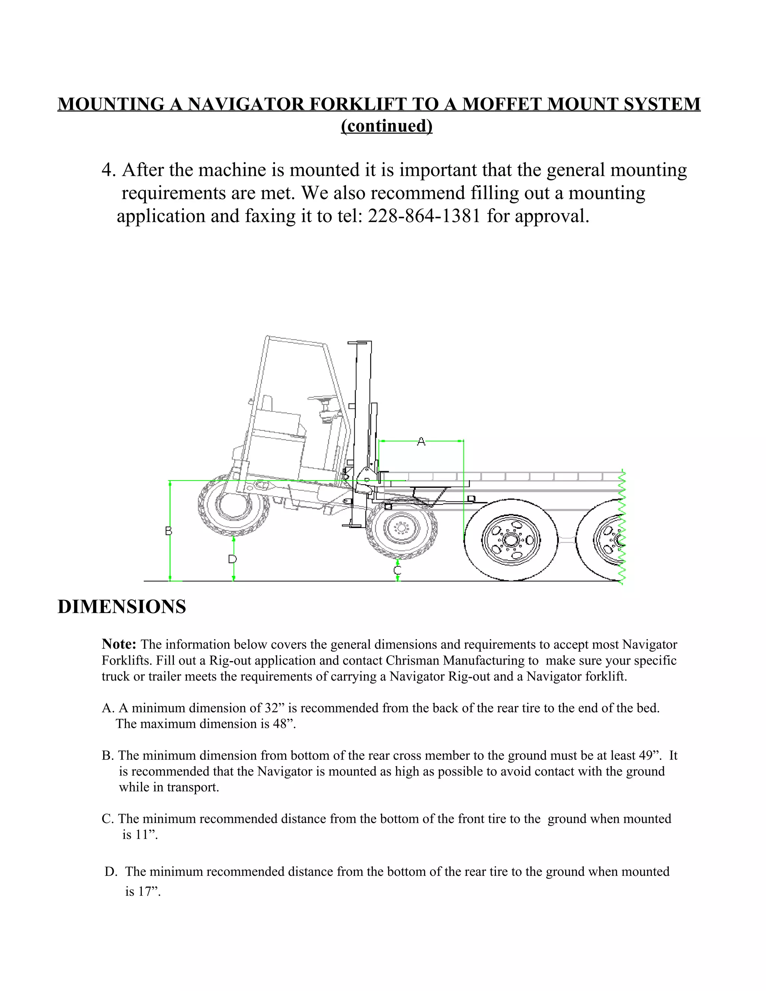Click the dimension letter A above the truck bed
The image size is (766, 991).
[421, 441]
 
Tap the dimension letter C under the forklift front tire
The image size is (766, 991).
[398, 570]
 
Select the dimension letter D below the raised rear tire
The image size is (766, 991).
[232, 559]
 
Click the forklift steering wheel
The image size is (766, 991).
[323, 398]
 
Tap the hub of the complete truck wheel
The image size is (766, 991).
[511, 540]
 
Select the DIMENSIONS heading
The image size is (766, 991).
[122, 607]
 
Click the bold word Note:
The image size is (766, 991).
[119, 644]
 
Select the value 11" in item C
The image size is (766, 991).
[147, 834]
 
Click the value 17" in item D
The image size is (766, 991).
[150, 891]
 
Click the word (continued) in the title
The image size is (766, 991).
[387, 126]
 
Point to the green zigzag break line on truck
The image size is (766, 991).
[622, 527]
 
